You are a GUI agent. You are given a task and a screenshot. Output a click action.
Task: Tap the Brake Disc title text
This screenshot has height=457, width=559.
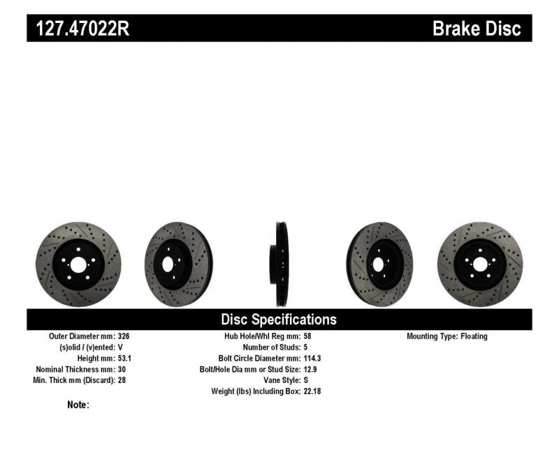coord(477,29)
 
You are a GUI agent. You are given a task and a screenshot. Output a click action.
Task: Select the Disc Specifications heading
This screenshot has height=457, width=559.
coord(279,320)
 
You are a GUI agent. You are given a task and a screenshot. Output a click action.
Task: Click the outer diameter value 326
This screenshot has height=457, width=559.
coord(123,336)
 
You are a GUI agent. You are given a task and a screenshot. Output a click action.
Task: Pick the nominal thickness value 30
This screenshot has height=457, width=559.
coord(121,369)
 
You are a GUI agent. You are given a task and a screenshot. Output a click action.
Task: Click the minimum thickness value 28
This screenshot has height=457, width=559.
coord(121,380)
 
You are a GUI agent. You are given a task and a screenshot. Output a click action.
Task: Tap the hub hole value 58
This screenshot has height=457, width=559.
coord(308,336)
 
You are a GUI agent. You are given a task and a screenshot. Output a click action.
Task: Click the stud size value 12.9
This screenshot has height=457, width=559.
coord(312,369)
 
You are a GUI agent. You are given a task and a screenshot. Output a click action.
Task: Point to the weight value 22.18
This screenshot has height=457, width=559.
coord(313,391)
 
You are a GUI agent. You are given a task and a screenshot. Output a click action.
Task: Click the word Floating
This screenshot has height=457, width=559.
coord(474,336)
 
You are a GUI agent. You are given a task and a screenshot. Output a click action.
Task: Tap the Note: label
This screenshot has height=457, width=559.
coord(78,405)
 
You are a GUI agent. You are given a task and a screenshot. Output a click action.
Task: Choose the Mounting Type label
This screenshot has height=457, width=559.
coord(431,336)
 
